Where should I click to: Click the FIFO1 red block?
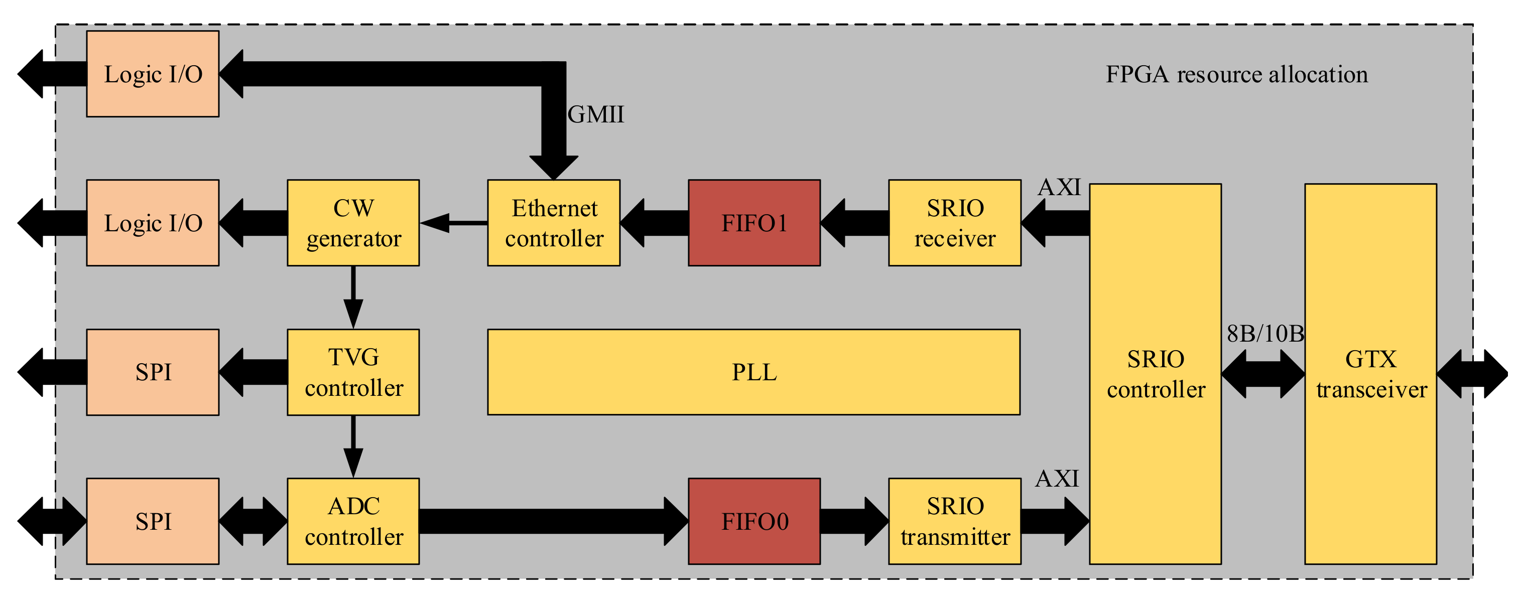(x=754, y=223)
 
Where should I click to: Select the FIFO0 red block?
(x=754, y=521)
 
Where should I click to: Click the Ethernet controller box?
(x=553, y=223)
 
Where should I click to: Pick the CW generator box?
(x=353, y=223)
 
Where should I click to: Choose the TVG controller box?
(x=353, y=372)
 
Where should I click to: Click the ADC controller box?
(x=353, y=521)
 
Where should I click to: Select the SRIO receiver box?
(x=954, y=223)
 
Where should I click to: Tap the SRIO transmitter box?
(x=954, y=521)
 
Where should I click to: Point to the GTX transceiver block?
(x=1370, y=374)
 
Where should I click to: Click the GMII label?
(x=595, y=114)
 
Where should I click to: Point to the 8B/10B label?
(x=1265, y=334)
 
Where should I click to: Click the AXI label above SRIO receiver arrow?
(x=1059, y=187)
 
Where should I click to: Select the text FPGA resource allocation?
(x=1236, y=74)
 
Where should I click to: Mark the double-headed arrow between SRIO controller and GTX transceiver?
(x=1262, y=374)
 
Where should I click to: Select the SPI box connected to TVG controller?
(x=153, y=372)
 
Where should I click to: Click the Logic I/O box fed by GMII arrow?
(x=153, y=74)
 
